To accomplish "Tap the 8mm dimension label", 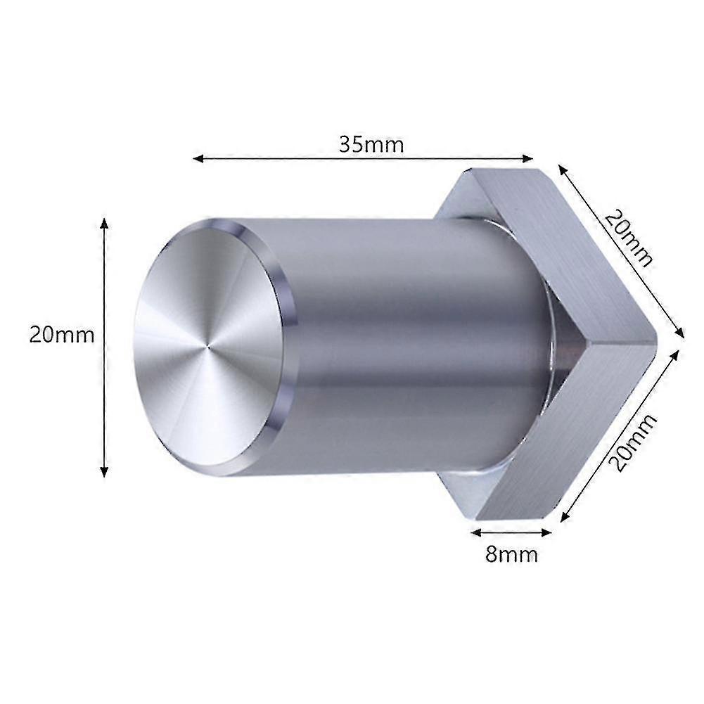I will [511, 554].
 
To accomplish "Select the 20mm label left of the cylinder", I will [61, 334].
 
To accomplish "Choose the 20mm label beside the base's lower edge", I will [632, 442].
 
